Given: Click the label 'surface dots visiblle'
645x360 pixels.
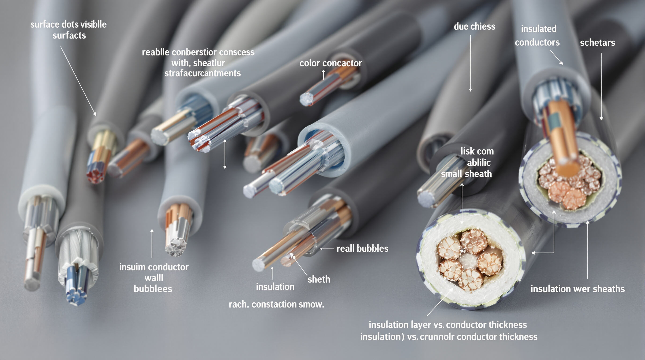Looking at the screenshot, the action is (x=68, y=24).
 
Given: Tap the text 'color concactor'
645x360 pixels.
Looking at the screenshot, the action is (x=330, y=63).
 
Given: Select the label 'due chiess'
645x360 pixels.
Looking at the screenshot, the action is (x=474, y=26).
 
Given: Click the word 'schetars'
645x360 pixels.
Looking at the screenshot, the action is (x=597, y=43).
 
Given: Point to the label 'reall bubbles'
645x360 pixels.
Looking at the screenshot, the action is (x=362, y=249).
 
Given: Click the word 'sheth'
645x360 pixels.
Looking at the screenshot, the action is (x=319, y=279).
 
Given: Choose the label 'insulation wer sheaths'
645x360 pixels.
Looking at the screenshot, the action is (x=578, y=289).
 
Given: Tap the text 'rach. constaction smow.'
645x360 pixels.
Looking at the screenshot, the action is (x=276, y=304).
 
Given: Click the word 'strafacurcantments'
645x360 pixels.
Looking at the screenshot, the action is (x=202, y=73).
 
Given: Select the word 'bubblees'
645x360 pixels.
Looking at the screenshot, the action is (x=153, y=289).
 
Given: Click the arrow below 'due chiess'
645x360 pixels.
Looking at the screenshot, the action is (x=470, y=63).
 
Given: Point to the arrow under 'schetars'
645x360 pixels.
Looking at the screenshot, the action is (x=601, y=87).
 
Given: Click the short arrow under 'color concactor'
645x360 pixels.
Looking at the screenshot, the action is (x=323, y=75).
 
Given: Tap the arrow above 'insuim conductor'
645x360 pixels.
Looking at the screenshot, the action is (x=152, y=243).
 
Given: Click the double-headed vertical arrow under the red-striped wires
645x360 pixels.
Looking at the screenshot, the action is (x=225, y=154).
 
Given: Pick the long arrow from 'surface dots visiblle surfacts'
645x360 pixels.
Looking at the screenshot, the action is (x=78, y=81).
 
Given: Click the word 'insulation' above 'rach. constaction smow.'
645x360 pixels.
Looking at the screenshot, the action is (x=275, y=287).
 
